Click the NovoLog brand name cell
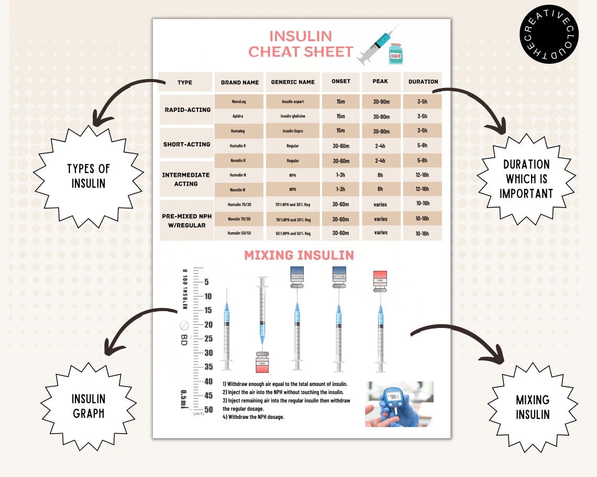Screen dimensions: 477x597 [239, 101]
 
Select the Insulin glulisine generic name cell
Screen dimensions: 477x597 [292, 116]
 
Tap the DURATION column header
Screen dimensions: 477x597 [423, 82]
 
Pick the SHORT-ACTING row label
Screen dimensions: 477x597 [186, 144]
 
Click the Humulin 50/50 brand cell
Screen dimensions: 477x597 [239, 233]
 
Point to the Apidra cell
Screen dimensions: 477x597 [239, 116]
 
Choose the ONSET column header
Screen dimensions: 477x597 [341, 82]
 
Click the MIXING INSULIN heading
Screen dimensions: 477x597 [299, 255]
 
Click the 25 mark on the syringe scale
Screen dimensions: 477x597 [208, 339]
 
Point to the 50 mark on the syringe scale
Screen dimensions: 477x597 [208, 410]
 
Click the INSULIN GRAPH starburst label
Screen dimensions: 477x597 [89, 406]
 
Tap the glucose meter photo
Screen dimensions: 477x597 [399, 404]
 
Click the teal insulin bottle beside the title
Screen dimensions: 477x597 [396, 54]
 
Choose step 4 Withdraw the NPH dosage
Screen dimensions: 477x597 [253, 417]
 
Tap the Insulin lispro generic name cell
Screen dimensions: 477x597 [292, 131]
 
